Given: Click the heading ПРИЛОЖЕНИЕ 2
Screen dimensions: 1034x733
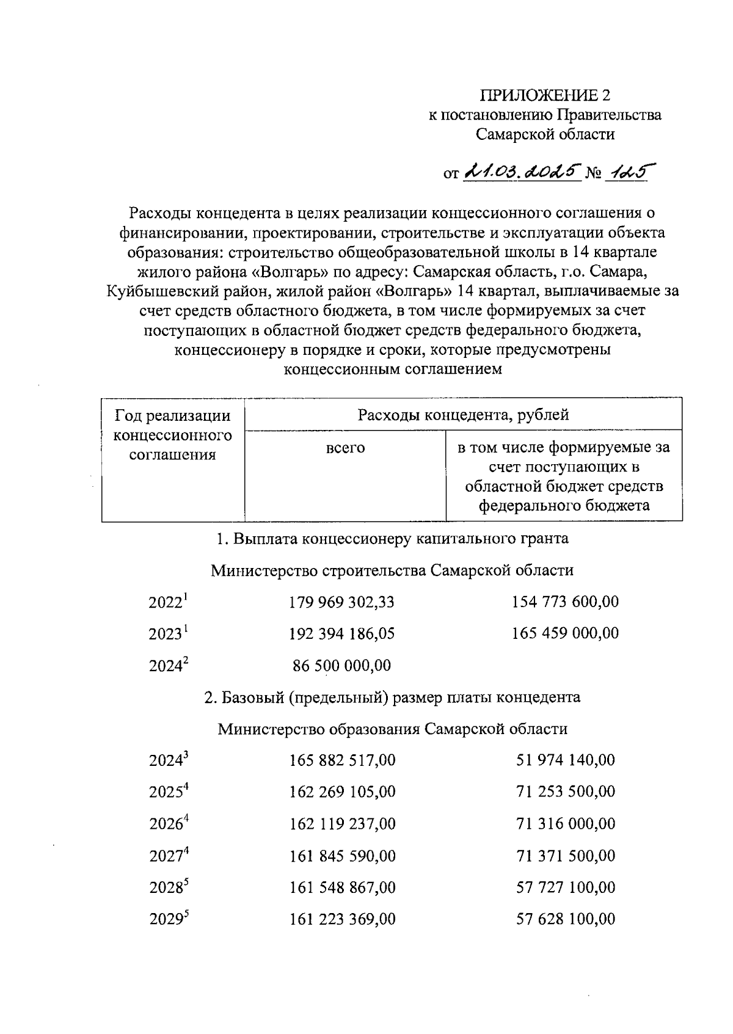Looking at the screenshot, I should (x=545, y=95).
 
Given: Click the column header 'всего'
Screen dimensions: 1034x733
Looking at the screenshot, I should (x=345, y=448).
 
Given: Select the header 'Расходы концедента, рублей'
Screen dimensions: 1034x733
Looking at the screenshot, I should (x=463, y=415).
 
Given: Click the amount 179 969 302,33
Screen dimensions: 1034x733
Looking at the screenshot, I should (x=341, y=602).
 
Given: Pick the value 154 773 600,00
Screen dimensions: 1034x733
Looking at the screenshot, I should (x=565, y=602).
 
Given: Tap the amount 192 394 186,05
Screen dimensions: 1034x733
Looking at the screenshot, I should (x=341, y=634).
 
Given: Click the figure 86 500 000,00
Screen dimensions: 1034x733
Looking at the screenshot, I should (x=341, y=666).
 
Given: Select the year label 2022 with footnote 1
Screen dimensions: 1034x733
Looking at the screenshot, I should (x=168, y=603).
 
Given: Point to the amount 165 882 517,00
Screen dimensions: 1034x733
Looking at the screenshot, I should (x=342, y=760).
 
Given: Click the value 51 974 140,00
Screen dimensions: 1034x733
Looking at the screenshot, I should (x=566, y=760).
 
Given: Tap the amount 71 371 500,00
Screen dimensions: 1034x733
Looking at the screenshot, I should (x=566, y=856).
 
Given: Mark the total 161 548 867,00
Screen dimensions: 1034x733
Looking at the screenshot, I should (x=342, y=887).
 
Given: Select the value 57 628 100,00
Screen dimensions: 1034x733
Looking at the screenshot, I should (x=566, y=919).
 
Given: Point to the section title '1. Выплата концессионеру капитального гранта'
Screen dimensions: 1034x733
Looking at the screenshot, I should (x=393, y=539).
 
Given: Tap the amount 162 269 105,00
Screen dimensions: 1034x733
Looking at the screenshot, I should (x=342, y=792).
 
